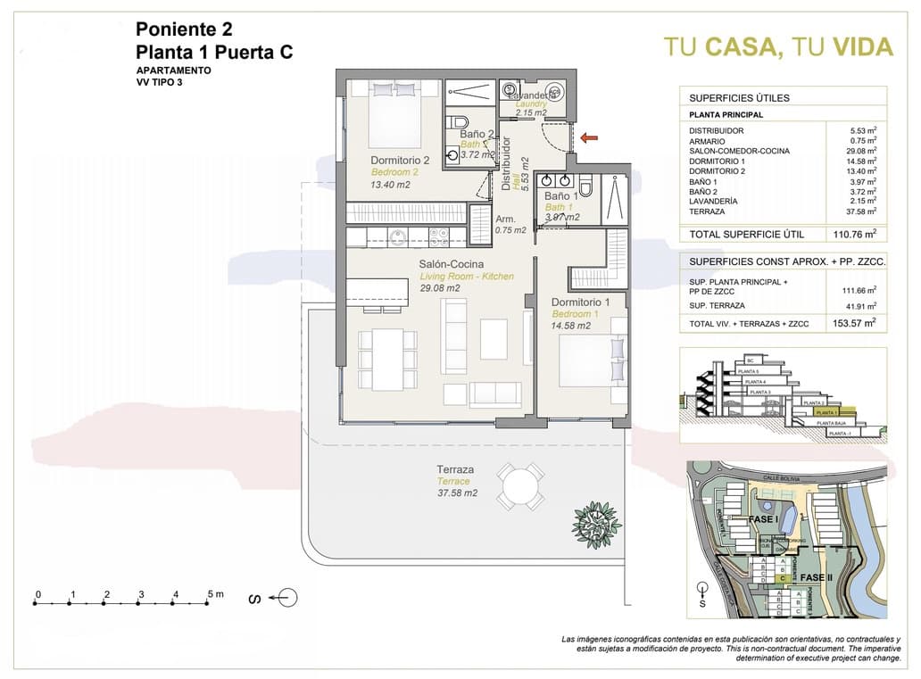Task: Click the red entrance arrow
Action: tap(588, 137)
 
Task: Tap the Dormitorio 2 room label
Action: tap(401, 161)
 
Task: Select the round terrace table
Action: tap(520, 486)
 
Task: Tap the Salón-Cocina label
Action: tap(452, 264)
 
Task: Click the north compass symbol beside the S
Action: tap(287, 597)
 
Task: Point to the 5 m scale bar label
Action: tap(214, 593)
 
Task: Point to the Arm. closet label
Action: tap(505, 218)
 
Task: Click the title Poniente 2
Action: tap(184, 29)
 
